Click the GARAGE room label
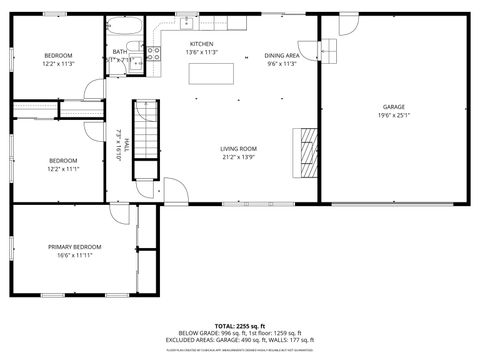click(393, 106)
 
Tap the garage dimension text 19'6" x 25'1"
click(393, 114)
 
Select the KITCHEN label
click(202, 44)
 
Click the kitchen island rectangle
click(220, 72)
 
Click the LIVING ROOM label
click(238, 149)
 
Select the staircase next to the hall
click(147, 129)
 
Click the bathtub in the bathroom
click(125, 27)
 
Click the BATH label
click(120, 52)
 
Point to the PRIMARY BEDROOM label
click(75, 247)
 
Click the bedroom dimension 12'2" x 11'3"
click(58, 63)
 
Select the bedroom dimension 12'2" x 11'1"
click(64, 168)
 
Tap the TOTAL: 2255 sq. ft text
click(239, 326)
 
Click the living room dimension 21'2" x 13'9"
click(238, 157)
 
